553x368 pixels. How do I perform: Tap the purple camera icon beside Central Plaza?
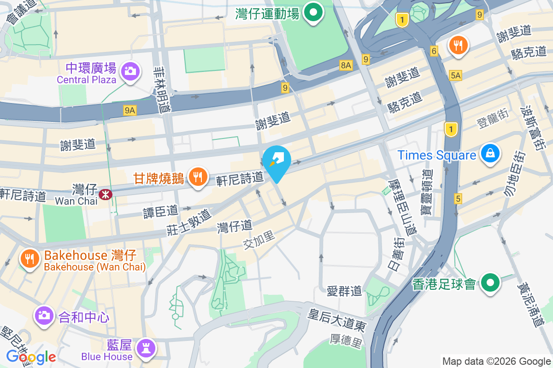(x=130, y=71)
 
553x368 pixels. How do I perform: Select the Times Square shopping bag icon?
(x=490, y=154)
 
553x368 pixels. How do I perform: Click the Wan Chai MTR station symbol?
(x=106, y=195)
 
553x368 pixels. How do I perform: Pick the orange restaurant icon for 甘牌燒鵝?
(x=198, y=177)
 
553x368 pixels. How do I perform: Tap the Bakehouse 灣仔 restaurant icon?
(x=29, y=259)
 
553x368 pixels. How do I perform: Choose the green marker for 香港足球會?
(x=490, y=283)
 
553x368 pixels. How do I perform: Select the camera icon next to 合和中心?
(x=44, y=316)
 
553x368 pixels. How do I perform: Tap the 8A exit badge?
(x=346, y=65)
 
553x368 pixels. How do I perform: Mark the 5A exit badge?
(x=456, y=75)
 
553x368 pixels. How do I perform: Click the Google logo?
(x=31, y=356)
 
